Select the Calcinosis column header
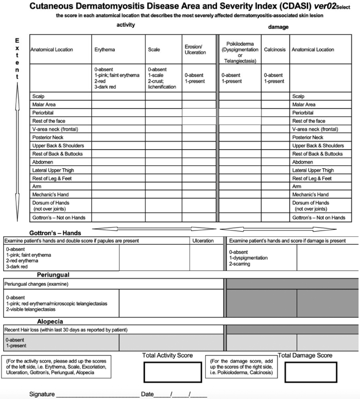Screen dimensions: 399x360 275,49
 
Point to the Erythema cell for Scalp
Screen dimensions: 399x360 118,96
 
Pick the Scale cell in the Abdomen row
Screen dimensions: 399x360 163,162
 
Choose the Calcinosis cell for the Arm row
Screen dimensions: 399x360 275,186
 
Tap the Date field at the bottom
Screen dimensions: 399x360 181,393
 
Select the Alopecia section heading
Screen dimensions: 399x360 50,321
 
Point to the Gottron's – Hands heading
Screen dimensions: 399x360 55,232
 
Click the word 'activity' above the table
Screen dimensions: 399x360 126,25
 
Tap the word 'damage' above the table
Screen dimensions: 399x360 278,27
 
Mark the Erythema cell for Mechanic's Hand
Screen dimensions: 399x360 118,194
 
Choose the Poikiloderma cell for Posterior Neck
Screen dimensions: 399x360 240,137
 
